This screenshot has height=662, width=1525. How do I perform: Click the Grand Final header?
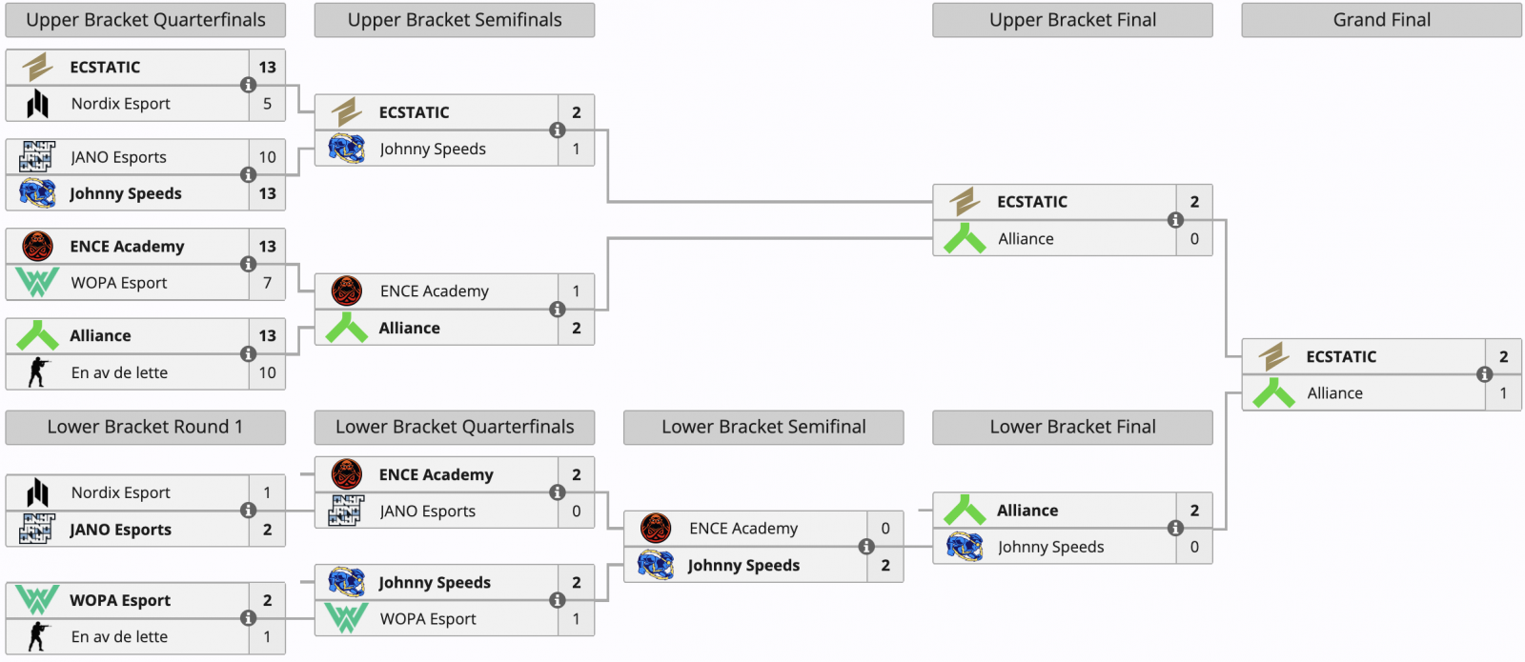[1381, 20]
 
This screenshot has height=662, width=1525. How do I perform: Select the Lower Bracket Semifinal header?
[763, 427]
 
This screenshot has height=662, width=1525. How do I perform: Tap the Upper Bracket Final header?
[1072, 20]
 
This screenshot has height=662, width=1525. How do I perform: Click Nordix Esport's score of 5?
[267, 104]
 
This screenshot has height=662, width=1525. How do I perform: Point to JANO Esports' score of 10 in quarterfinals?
[267, 157]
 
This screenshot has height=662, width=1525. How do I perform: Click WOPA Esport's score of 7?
[267, 282]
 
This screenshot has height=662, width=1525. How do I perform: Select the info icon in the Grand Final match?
[1484, 374]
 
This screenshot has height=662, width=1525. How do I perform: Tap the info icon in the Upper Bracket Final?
[1175, 220]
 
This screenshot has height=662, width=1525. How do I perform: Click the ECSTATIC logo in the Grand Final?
[1273, 356]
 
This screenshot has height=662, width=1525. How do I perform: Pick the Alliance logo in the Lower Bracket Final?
[965, 511]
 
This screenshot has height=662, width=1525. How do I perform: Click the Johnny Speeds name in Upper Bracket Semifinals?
[433, 149]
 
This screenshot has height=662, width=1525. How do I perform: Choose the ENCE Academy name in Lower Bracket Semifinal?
[742, 528]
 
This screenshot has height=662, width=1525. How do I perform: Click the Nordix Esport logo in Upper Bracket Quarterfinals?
[37, 104]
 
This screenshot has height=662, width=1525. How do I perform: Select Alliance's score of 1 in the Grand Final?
[1503, 392]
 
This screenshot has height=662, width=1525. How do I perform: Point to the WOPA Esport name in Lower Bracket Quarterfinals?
[428, 619]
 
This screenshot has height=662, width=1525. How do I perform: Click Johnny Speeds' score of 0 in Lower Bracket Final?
[1194, 547]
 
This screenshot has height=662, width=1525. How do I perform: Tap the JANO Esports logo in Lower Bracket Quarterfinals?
[346, 511]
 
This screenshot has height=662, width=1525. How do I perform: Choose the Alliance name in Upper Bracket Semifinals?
[409, 328]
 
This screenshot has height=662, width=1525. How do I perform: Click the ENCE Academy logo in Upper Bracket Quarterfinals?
[37, 246]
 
